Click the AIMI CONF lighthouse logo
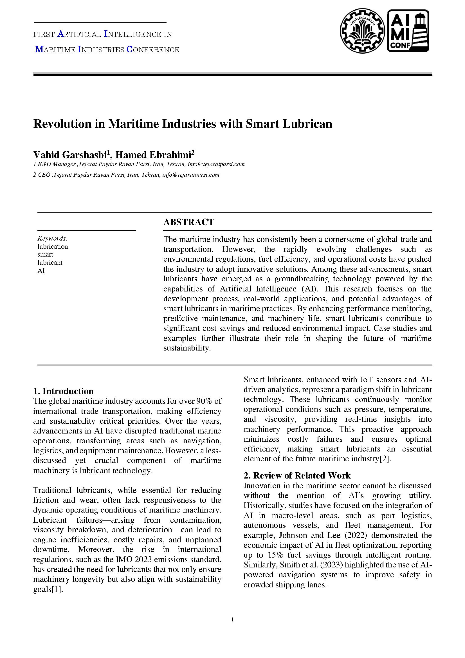[408, 31]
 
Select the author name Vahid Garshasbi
[70, 155]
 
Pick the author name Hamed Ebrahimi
[153, 155]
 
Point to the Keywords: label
[52, 239]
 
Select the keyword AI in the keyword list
[41, 271]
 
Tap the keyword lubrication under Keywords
[52, 246]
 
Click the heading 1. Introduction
[63, 391]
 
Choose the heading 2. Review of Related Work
[297, 475]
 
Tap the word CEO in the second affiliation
[44, 175]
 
